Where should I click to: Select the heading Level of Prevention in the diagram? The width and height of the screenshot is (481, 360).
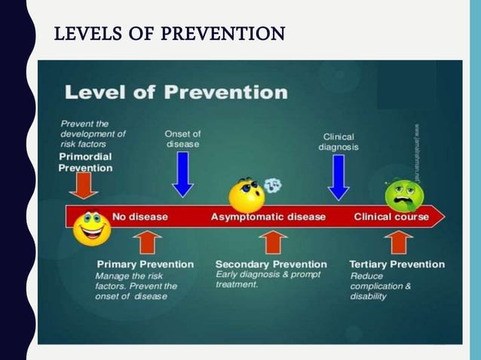(x=176, y=93)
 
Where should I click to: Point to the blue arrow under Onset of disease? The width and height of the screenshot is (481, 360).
(x=182, y=172)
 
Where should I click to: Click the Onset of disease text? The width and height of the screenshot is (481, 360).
(x=182, y=139)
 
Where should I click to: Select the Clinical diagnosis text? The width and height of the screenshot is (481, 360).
(x=339, y=142)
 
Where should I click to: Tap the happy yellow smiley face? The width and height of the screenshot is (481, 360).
(x=92, y=227)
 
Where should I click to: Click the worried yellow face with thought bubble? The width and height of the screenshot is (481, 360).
(x=247, y=194)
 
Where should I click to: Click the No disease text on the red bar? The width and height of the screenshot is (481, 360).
(x=140, y=217)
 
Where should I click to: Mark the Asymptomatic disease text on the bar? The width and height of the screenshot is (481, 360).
(x=268, y=217)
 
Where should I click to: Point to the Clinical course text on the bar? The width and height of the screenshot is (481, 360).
(x=391, y=217)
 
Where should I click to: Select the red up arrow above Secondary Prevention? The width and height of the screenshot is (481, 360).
(x=273, y=243)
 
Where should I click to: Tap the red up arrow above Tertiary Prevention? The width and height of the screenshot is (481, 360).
(x=397, y=243)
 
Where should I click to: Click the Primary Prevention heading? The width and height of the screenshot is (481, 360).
(x=145, y=264)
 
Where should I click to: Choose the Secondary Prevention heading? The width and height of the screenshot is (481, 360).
(x=271, y=264)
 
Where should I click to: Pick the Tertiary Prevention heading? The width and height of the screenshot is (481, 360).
(x=397, y=264)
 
